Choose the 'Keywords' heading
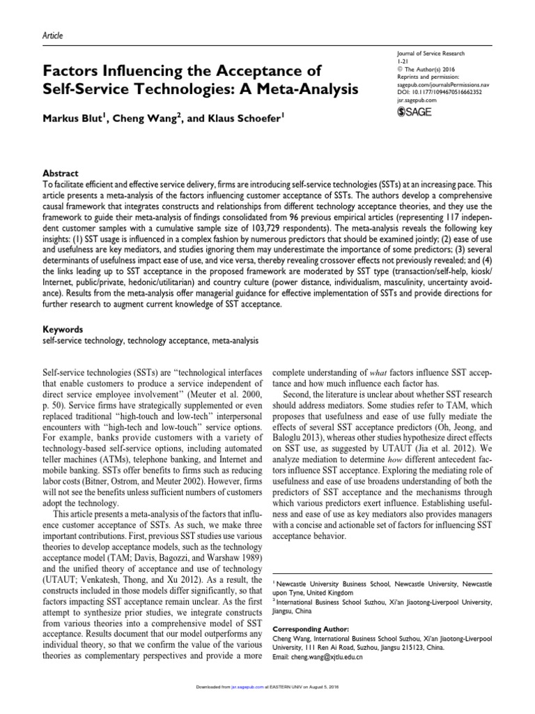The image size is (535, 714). click(63, 328)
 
